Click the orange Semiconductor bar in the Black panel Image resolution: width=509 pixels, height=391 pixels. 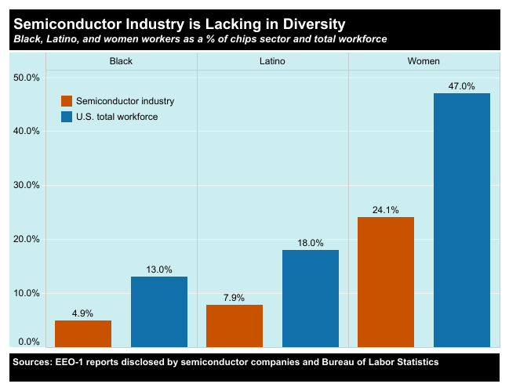point(83,333)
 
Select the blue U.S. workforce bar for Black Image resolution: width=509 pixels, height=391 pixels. point(159,311)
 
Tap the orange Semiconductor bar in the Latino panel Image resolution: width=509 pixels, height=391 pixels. point(235,325)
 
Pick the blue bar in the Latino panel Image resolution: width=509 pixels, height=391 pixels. point(311,298)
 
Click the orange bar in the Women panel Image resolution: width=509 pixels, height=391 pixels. point(386,281)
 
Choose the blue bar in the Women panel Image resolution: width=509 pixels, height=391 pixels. point(462,219)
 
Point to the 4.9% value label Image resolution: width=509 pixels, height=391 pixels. point(83,313)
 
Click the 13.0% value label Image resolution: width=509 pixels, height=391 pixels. point(159,269)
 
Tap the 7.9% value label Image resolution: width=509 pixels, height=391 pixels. point(235,297)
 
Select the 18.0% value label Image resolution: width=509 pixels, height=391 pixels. point(311,242)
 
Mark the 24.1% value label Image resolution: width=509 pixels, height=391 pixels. point(386,209)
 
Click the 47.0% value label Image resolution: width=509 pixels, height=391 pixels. point(462,85)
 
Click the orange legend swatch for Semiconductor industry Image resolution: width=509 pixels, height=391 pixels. point(67,101)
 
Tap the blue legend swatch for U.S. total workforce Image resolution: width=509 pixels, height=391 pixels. point(67,117)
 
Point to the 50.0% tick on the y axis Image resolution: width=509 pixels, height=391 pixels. point(27,77)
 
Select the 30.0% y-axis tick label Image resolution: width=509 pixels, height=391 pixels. point(27,185)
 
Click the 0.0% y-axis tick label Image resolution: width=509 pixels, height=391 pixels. point(29,342)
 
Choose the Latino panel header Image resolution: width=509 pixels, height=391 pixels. point(272,61)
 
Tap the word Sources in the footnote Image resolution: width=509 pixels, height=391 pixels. point(32,362)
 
